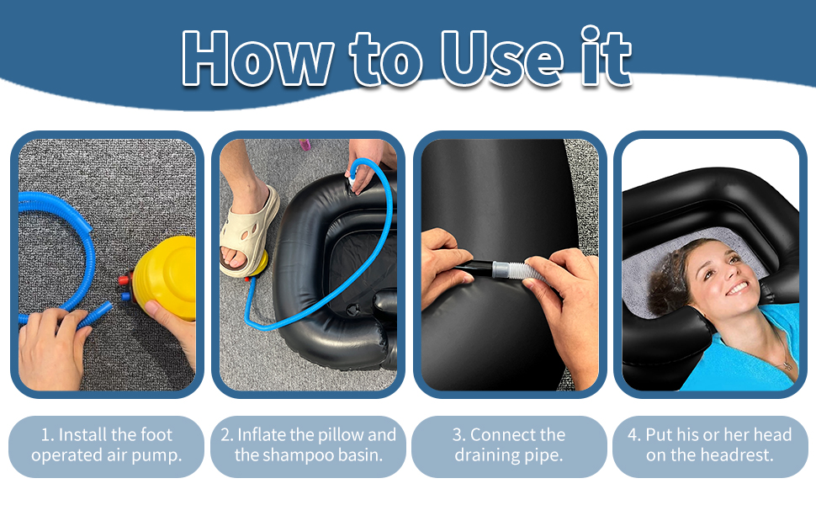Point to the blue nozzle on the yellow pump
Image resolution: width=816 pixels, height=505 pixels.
[x=126, y=296]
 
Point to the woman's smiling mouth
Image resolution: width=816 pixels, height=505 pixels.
[x=738, y=288]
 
